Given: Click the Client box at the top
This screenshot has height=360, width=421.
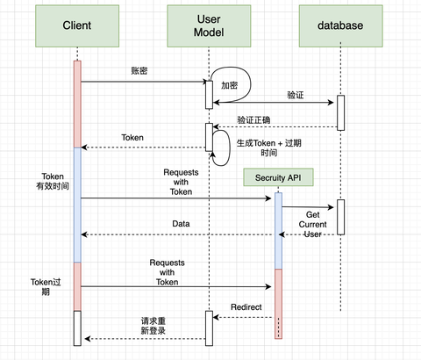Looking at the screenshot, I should [x=77, y=25].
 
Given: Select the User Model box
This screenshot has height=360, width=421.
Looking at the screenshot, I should [x=209, y=25].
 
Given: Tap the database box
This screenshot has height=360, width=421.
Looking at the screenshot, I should [x=339, y=25].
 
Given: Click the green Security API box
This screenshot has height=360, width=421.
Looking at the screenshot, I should [x=278, y=178].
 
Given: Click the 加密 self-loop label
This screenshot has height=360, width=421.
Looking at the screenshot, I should [x=230, y=86].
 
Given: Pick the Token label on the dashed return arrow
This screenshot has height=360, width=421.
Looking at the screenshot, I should [x=132, y=137].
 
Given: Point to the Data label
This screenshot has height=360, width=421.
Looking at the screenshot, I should [x=181, y=224].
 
